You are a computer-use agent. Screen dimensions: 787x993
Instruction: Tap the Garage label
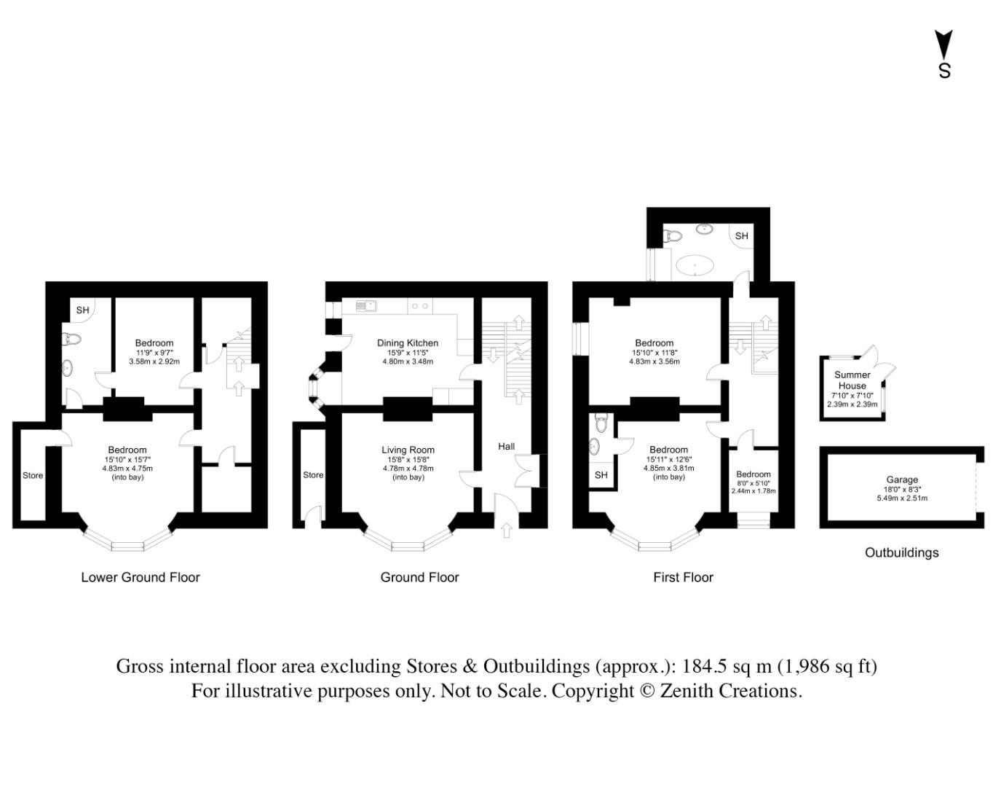(x=901, y=479)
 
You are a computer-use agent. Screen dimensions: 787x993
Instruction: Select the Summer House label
(x=852, y=380)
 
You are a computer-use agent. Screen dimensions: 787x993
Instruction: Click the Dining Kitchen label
(x=407, y=342)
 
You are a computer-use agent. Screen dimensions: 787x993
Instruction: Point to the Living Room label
(x=408, y=450)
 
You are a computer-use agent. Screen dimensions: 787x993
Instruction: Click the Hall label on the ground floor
(x=506, y=446)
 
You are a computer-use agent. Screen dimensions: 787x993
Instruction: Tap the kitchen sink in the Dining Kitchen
(x=365, y=306)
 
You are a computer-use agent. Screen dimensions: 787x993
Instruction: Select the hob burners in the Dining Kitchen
(x=419, y=306)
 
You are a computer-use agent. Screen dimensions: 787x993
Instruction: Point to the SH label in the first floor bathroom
(x=741, y=236)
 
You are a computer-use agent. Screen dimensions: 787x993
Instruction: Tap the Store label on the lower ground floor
(x=33, y=475)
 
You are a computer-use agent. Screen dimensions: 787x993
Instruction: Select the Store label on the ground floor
(x=313, y=475)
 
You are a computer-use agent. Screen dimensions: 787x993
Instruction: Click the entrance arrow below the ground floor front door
(x=506, y=531)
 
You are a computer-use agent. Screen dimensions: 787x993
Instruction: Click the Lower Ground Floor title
(x=140, y=577)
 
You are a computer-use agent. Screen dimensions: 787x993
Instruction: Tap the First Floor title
(x=683, y=577)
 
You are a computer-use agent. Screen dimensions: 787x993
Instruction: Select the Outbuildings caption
(x=901, y=552)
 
